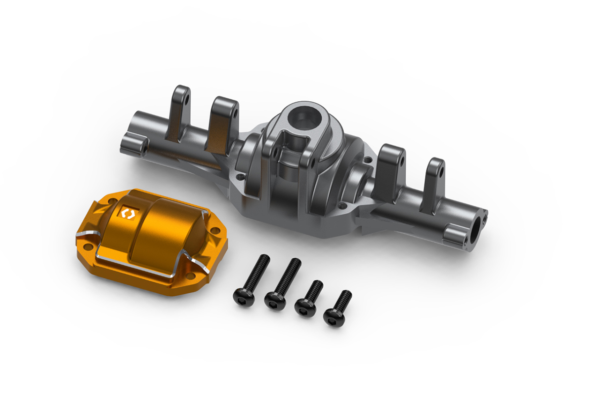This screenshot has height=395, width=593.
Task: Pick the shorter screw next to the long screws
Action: pyautogui.click(x=308, y=296)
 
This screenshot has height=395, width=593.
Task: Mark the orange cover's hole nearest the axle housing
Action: pyautogui.click(x=213, y=230)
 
